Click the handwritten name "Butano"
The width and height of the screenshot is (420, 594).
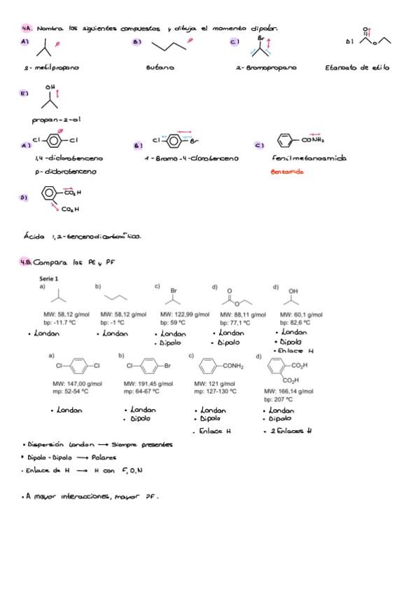160,68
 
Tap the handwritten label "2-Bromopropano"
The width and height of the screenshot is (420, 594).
266,68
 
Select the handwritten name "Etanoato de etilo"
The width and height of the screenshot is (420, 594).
357,68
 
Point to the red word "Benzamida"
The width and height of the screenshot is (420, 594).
288,172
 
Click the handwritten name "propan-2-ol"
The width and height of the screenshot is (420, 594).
56,120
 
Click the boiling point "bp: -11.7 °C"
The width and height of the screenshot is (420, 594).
57,323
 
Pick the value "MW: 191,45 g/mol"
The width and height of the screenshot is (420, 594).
148,384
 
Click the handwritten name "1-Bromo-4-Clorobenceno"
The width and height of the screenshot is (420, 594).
192,159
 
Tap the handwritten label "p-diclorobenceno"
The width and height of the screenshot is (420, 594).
61,172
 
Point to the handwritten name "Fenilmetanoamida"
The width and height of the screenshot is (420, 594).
309,159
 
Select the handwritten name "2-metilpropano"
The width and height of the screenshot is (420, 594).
51,68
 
